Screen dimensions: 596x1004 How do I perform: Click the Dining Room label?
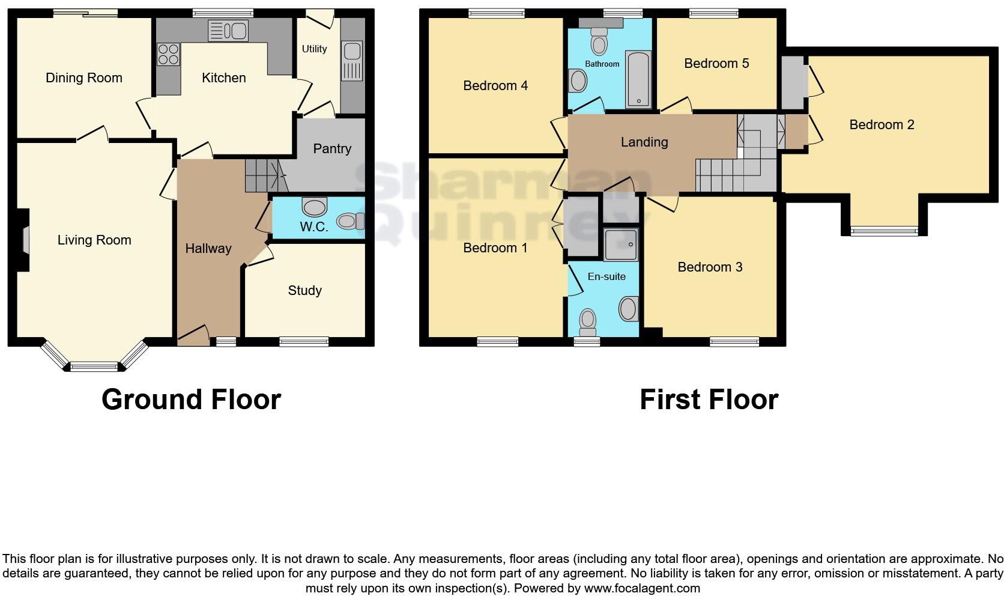pyautogui.click(x=84, y=78)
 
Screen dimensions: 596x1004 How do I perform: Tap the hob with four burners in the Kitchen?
pyautogui.click(x=168, y=55)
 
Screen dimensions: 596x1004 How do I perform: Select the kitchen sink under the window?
pyautogui.click(x=228, y=31)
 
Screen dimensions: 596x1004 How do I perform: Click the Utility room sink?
pyautogui.click(x=352, y=61)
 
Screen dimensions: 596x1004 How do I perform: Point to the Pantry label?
pyautogui.click(x=332, y=148)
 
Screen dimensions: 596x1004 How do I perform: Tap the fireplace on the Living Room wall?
pyautogui.click(x=24, y=240)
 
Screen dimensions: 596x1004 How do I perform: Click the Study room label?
pyautogui.click(x=304, y=291)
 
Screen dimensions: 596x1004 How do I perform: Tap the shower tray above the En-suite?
pyautogui.click(x=620, y=245)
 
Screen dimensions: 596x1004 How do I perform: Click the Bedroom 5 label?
pyautogui.click(x=716, y=64)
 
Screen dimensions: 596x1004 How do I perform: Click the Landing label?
pyautogui.click(x=644, y=142)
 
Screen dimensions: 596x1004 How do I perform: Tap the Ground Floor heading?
pyautogui.click(x=191, y=400)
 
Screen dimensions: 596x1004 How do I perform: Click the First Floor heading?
pyautogui.click(x=709, y=400)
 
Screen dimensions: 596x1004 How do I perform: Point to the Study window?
pyautogui.click(x=304, y=342)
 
